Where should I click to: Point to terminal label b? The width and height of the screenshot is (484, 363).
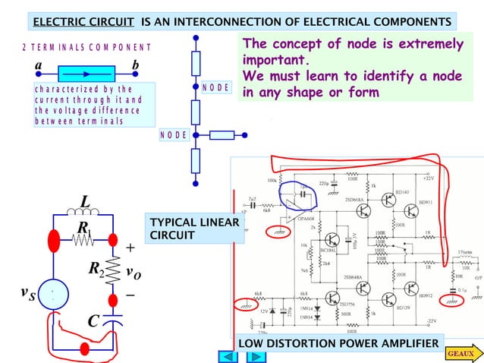pyautogui.click(x=136, y=66)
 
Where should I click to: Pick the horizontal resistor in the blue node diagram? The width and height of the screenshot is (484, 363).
pyautogui.click(x=222, y=136)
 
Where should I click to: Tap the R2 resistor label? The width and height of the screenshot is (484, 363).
pyautogui.click(x=96, y=268)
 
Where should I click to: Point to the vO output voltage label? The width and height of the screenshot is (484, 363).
pyautogui.click(x=132, y=272)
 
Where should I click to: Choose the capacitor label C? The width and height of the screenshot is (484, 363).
pyautogui.click(x=93, y=321)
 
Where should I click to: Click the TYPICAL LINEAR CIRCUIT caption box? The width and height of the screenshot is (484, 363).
pyautogui.click(x=195, y=229)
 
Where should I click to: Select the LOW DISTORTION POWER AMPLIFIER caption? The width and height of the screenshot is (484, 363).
pyautogui.click(x=338, y=346)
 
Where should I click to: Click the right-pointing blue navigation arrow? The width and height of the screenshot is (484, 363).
pyautogui.click(x=245, y=355)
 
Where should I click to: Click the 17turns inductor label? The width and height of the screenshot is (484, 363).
pyautogui.click(x=467, y=251)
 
